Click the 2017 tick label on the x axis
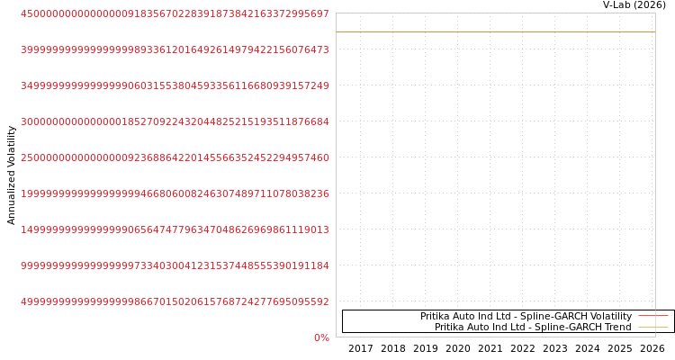click(x=360, y=348)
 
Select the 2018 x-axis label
click(x=392, y=348)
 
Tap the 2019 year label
click(x=426, y=348)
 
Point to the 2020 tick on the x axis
click(x=457, y=348)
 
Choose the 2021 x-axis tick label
click(x=490, y=348)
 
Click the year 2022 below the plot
click(x=523, y=348)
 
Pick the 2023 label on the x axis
click(x=555, y=348)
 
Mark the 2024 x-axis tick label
click(x=587, y=348)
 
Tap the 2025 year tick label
click(x=620, y=348)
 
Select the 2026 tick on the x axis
click(x=652, y=348)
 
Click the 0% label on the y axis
click(x=321, y=337)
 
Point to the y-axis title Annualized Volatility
click(x=11, y=175)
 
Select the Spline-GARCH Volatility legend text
click(x=526, y=316)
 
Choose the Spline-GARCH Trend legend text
click(x=533, y=327)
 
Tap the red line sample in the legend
click(x=653, y=316)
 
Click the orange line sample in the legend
click(x=653, y=328)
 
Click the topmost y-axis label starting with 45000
click(x=175, y=13)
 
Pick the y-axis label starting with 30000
click(x=175, y=121)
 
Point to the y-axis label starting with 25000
click(x=175, y=157)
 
